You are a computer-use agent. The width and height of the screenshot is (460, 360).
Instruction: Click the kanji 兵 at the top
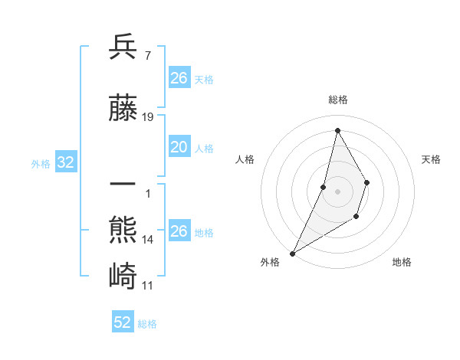click(123, 47)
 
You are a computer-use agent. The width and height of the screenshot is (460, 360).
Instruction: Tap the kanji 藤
click(123, 109)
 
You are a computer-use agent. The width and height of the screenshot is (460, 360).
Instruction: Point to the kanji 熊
click(123, 230)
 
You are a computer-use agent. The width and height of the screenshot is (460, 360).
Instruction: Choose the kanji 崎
click(123, 274)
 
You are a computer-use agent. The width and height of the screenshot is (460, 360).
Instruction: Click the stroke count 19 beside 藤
click(148, 117)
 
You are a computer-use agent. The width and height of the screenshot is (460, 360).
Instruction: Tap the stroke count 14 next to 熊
click(148, 240)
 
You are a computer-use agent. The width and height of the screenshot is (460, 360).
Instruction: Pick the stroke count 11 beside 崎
click(148, 285)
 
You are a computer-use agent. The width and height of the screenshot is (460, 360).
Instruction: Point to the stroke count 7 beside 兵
click(146, 56)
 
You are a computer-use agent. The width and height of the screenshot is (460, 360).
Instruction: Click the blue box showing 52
click(123, 322)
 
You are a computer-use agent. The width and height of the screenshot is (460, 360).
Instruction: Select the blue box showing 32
click(65, 162)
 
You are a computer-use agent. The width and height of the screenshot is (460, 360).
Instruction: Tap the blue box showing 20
click(179, 148)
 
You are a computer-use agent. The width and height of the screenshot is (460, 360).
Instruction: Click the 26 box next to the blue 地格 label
click(179, 231)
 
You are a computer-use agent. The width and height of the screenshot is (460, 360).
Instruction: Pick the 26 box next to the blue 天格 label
click(179, 78)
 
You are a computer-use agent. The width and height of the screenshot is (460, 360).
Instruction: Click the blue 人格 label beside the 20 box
click(204, 149)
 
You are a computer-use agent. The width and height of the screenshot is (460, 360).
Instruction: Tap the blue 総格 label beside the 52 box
click(147, 324)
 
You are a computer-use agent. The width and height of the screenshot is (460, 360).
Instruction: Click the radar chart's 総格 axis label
click(337, 100)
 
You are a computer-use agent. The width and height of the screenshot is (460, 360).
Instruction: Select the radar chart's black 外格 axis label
click(270, 262)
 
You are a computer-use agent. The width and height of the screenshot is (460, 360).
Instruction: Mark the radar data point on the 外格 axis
click(292, 253)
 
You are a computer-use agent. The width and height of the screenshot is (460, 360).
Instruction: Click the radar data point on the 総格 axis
click(337, 130)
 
